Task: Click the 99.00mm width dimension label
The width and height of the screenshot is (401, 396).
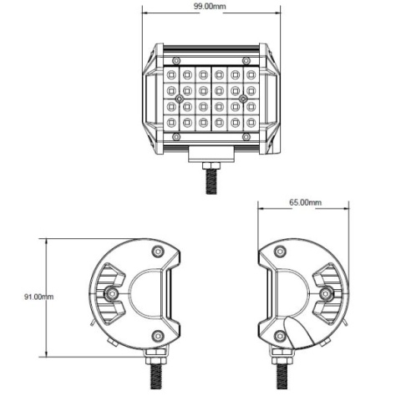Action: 210,6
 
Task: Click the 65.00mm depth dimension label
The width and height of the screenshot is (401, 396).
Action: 303,202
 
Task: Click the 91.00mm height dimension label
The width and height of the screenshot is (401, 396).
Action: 38,296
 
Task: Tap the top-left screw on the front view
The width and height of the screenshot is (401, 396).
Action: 175,60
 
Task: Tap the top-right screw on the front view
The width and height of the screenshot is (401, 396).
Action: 245,60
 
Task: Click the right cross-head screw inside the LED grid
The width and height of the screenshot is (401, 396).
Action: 242,99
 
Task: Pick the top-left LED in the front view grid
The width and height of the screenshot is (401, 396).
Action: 171,75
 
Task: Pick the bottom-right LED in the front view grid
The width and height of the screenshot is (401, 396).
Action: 250,123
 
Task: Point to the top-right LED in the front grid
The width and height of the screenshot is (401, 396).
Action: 250,75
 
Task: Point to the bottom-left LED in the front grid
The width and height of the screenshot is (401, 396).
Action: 171,123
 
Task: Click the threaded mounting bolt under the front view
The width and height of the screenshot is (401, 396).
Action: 211,178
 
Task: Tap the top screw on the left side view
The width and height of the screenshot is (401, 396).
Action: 157,251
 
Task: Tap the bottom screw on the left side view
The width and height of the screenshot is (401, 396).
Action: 157,335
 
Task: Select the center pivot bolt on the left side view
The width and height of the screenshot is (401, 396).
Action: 110,293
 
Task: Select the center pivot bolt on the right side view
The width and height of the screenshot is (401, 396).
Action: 327,293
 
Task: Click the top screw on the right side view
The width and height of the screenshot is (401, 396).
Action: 280,251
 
